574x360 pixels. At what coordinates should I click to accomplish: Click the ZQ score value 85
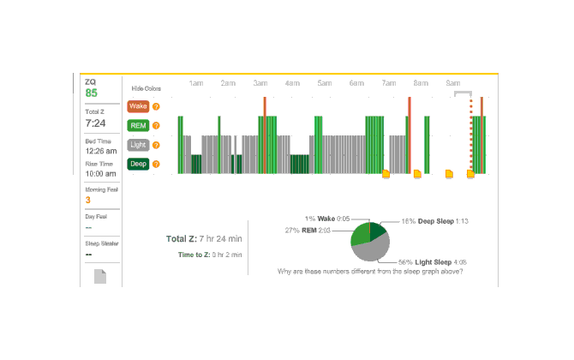pos(92,93)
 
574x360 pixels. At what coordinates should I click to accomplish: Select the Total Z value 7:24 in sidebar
pos(95,123)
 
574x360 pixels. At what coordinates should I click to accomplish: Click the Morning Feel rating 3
pos(87,201)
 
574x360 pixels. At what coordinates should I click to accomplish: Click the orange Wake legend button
pos(137,106)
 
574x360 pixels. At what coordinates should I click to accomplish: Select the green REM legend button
pos(137,125)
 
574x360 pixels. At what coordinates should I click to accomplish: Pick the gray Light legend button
pos(137,144)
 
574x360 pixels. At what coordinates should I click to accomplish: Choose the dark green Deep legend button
pos(137,163)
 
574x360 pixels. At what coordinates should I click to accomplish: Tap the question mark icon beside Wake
pos(156,107)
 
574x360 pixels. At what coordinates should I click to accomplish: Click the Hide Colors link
pos(146,88)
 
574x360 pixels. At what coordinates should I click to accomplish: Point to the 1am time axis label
pos(196,83)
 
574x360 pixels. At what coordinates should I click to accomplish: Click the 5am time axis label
pos(325,83)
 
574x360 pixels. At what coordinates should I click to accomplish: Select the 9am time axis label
pos(453,83)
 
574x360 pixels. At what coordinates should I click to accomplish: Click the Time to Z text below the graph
pos(210,255)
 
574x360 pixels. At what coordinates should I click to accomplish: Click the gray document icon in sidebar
pos(100,277)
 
